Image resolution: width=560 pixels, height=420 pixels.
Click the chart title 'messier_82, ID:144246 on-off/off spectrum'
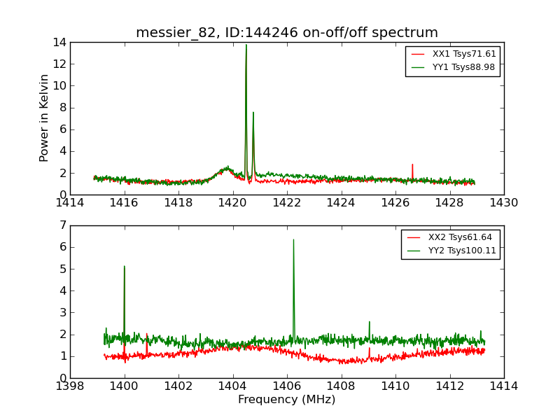[x=287, y=33]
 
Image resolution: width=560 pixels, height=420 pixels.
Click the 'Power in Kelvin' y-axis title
[x=45, y=118]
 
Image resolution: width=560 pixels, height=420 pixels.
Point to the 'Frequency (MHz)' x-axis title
[x=287, y=400]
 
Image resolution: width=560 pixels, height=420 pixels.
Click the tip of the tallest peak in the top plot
[x=246, y=45]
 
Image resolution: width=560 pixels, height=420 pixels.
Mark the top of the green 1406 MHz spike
[x=293, y=239]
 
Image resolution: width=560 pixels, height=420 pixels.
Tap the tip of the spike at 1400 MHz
[x=124, y=266]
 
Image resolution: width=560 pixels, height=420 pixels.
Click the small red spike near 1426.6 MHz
[x=412, y=164]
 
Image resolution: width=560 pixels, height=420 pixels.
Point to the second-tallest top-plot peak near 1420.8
[x=253, y=112]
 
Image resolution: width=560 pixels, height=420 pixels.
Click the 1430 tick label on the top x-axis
[x=503, y=203]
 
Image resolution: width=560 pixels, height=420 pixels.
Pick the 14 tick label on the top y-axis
[x=59, y=43]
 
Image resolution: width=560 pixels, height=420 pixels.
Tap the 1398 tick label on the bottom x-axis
[x=70, y=386]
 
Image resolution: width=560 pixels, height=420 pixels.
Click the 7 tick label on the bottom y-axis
[x=62, y=225]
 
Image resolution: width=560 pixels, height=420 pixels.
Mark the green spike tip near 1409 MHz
[x=370, y=322]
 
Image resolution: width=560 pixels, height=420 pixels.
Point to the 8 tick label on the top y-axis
[x=62, y=108]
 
